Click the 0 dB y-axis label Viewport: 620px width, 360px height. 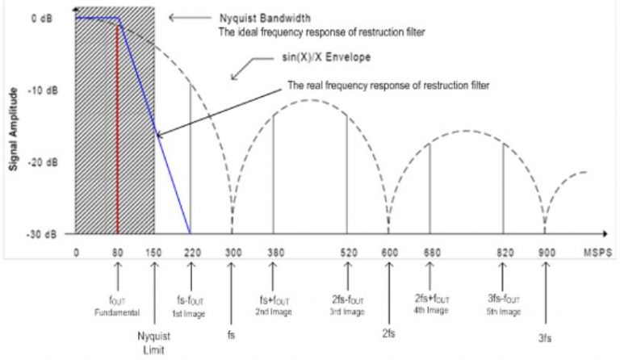(42, 17)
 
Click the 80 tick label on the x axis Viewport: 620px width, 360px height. (118, 252)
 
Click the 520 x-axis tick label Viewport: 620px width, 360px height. (348, 252)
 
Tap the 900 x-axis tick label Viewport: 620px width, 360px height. (546, 252)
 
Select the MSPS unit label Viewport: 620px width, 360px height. (598, 252)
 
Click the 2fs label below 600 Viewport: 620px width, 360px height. (388, 331)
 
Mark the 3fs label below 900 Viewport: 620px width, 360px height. (546, 339)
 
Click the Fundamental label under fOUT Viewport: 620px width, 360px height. (118, 311)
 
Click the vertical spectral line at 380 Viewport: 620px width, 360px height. (274, 174)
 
